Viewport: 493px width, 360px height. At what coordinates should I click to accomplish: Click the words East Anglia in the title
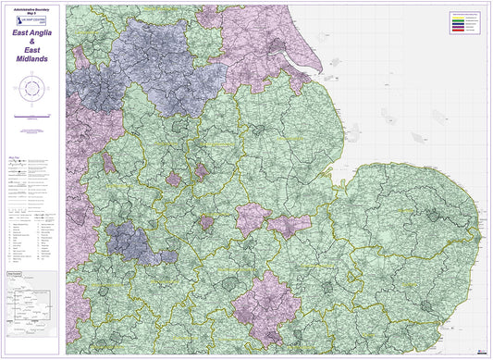coord(32,33)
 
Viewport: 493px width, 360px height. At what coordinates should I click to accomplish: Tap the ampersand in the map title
coord(32,43)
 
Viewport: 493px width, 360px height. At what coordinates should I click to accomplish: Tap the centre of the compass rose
coord(32,90)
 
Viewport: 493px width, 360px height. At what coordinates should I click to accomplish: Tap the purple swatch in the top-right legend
coord(458,26)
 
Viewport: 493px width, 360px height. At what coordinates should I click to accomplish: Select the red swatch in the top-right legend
coord(458,30)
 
